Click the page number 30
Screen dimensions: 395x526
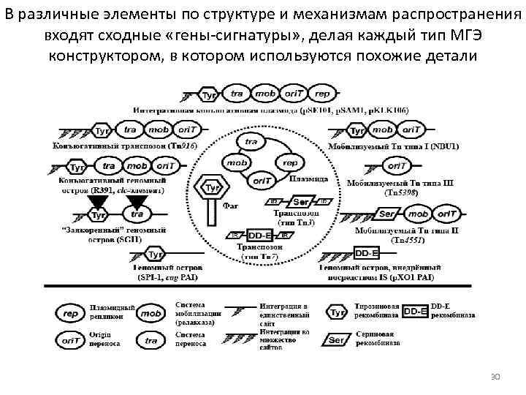point(495,376)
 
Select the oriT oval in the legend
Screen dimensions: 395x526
point(71,340)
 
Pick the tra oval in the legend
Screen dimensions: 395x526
point(151,340)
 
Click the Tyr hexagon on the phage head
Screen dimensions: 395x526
point(213,189)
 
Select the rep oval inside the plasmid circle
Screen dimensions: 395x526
point(289,163)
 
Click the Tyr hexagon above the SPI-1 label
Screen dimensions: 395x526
point(155,255)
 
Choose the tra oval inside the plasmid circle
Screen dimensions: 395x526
point(251,141)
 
